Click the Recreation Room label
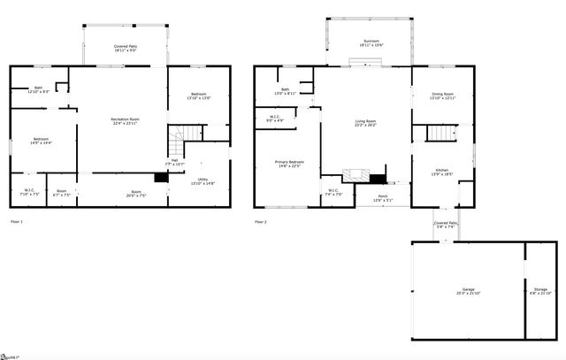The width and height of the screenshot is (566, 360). coord(125,120)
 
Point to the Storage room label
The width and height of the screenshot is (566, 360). coord(540,289)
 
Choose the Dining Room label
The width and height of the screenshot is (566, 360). coord(442,95)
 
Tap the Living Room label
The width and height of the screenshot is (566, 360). coord(365,123)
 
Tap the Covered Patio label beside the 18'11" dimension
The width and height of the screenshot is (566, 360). coord(125,47)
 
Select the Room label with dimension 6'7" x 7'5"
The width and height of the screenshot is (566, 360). coord(61,192)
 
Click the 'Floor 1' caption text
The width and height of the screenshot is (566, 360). coord(17,221)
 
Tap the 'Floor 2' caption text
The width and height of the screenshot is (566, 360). coord(261,221)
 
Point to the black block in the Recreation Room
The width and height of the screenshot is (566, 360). coord(161,178)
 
